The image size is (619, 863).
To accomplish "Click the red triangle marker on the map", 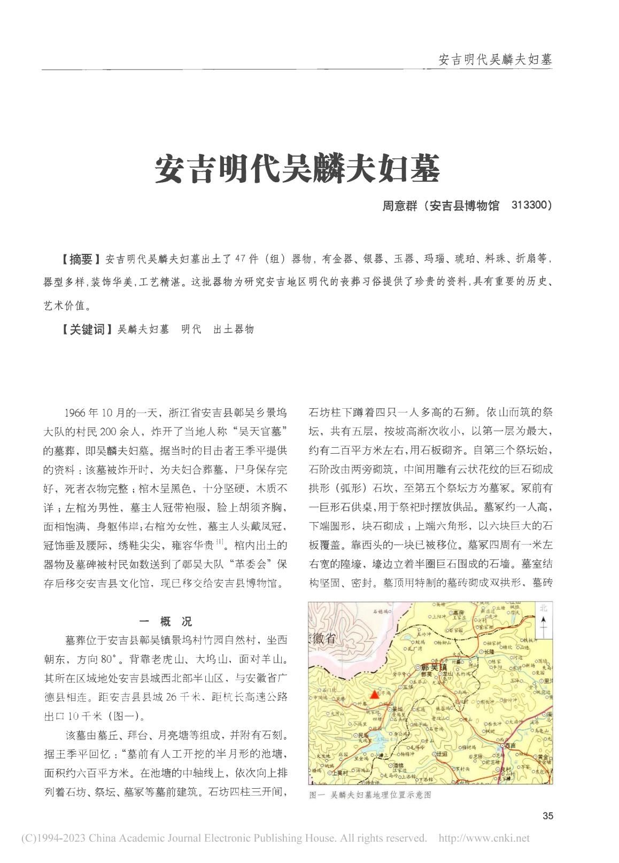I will point(374,695).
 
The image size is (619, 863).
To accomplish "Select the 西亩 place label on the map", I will point(508,745).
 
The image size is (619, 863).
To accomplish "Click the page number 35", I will point(547,816).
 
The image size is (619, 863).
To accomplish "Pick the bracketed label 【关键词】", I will point(86,329).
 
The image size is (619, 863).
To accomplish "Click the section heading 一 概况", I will point(165,621).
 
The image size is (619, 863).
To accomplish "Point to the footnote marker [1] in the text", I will point(220,543).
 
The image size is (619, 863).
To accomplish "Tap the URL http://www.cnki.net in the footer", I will point(484,838).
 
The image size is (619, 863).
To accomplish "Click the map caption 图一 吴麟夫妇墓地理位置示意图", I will point(370,795).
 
